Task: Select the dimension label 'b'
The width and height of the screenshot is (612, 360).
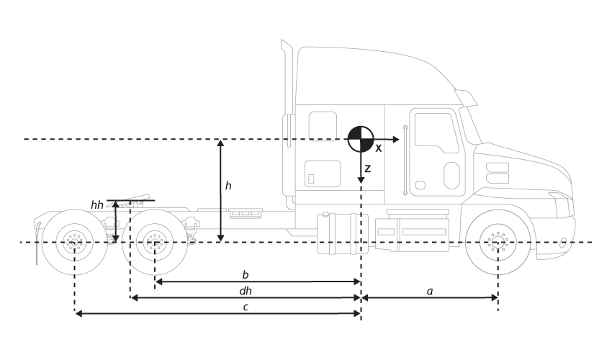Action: [x=246, y=274]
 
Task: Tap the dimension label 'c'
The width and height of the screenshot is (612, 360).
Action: [x=246, y=307]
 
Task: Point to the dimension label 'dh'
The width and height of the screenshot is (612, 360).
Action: [x=246, y=291]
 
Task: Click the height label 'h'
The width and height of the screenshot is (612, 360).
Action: [x=228, y=186]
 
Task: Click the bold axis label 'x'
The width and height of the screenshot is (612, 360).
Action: [x=379, y=147]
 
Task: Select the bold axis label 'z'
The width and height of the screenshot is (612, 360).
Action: [x=367, y=169]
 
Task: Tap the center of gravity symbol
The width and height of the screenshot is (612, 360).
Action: [x=360, y=138]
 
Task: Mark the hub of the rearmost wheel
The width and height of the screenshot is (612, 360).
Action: [x=75, y=241]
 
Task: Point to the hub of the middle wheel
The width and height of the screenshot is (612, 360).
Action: [x=155, y=241]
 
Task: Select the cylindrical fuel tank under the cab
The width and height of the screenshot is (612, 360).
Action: [x=342, y=233]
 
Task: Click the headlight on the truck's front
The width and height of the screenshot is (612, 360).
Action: [x=496, y=174]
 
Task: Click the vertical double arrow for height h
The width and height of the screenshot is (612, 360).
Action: [x=221, y=190]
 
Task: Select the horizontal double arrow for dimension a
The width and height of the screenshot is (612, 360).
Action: [x=429, y=297]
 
